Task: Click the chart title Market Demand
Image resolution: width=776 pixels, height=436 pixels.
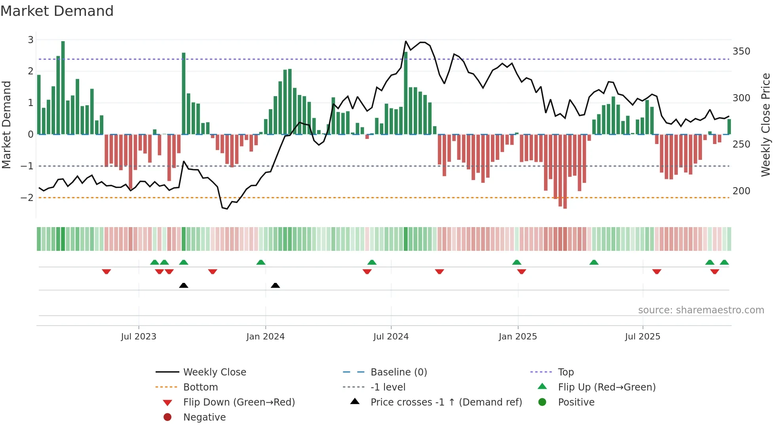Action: [x=57, y=11]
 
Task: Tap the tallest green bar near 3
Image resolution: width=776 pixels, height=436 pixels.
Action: [x=63, y=87]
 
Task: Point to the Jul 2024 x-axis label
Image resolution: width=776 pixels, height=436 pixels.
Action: [x=391, y=337]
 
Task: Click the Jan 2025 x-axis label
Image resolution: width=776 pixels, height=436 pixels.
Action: [x=517, y=337]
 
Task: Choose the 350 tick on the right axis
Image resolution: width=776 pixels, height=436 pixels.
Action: [x=741, y=51]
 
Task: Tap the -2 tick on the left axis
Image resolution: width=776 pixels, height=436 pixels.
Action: [x=27, y=197]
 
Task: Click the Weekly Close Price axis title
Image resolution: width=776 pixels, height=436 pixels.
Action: [x=766, y=125]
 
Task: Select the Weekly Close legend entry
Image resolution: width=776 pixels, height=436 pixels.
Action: [x=214, y=372]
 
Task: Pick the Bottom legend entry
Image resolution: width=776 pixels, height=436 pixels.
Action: [x=200, y=387]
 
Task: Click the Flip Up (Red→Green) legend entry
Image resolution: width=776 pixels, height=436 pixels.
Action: [x=607, y=387]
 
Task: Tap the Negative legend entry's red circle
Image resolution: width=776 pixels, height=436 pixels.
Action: [x=167, y=417]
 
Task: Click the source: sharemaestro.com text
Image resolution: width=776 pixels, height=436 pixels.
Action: [x=701, y=310]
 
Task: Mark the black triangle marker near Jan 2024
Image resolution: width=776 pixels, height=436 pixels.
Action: [x=275, y=285]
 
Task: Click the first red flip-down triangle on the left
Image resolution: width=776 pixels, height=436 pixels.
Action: [x=106, y=271]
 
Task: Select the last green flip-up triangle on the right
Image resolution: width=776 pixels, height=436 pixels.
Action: [x=724, y=262]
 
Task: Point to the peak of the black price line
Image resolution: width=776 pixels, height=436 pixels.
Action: [x=406, y=41]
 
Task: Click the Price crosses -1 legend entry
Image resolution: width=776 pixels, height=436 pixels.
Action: [x=446, y=402]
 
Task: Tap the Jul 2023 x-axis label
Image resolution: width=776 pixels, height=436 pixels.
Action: [x=139, y=337]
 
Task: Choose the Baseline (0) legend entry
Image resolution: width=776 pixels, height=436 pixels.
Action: [x=398, y=372]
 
